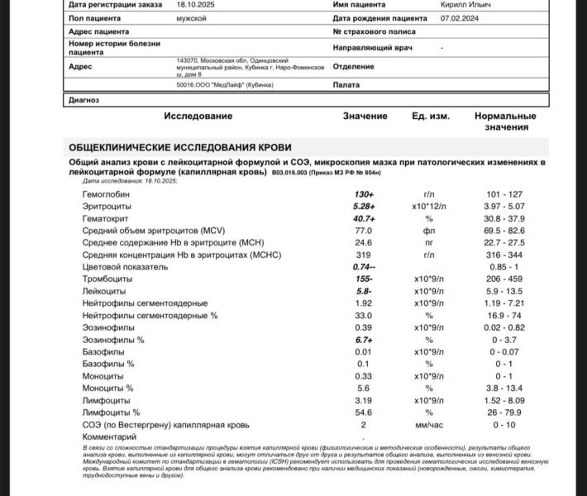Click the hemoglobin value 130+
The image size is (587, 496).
[x=364, y=194]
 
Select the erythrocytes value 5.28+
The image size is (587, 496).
[x=364, y=206]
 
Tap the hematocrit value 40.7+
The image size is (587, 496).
[x=364, y=218]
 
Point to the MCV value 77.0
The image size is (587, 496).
[x=364, y=231]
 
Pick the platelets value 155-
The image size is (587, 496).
[x=364, y=279]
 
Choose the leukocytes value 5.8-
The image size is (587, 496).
[x=364, y=292]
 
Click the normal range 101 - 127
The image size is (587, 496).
[x=505, y=194]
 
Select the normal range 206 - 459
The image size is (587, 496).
[x=505, y=279]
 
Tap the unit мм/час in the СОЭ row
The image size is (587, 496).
[x=429, y=424]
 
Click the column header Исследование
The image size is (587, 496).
[x=198, y=117]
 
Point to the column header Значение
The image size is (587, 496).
[x=365, y=117]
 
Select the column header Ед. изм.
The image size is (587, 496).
[x=431, y=117]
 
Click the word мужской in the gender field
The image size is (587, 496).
[x=192, y=17]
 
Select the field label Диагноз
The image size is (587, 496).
[x=84, y=100]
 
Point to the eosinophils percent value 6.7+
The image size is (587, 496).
[x=364, y=340]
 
